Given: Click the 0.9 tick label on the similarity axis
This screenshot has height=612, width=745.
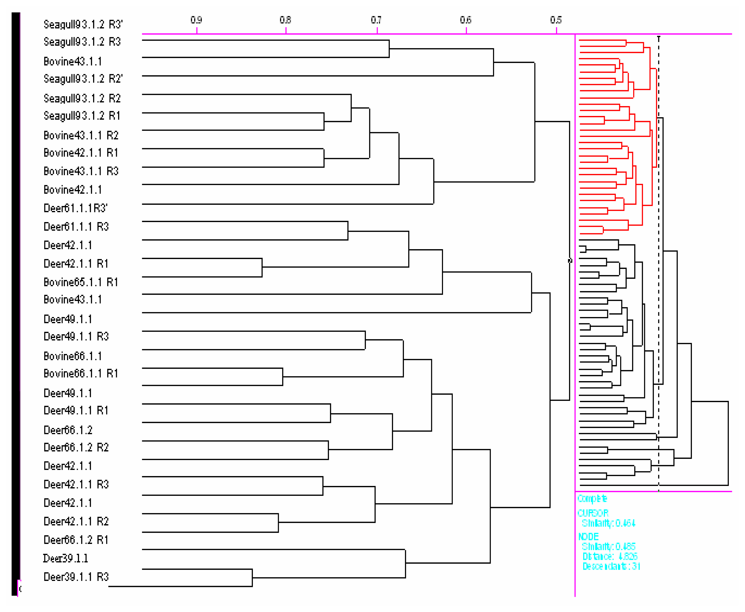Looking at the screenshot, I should pos(196,20).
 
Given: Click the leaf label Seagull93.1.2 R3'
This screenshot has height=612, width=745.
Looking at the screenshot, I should pos(83,24).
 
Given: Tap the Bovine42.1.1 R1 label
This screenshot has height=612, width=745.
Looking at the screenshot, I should pos(81,153).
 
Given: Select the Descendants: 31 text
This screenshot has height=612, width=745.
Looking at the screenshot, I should pos(611,566).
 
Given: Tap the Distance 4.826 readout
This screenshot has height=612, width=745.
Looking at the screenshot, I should pos(610,556).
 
